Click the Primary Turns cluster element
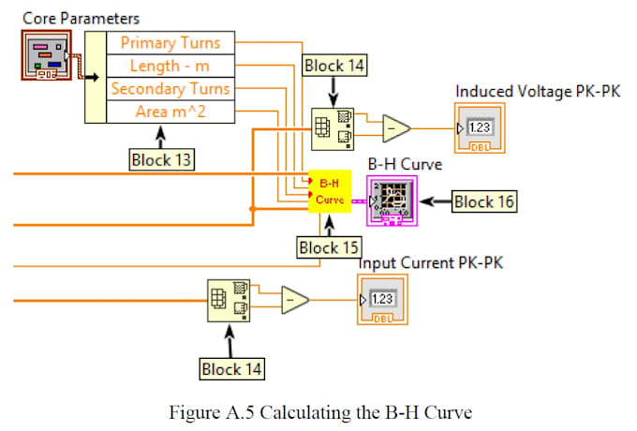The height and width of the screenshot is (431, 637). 170,42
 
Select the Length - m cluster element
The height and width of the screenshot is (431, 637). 170,66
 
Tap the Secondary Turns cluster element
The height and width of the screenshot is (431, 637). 170,89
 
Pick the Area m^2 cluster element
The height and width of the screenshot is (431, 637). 170,112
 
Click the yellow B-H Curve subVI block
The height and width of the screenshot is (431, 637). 330,191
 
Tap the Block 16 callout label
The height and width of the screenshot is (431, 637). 485,201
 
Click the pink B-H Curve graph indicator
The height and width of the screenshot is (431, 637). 392,199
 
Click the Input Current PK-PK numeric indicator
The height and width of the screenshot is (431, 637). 381,300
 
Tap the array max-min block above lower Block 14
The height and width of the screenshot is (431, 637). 230,300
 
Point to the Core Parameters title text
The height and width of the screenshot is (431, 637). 81,18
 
